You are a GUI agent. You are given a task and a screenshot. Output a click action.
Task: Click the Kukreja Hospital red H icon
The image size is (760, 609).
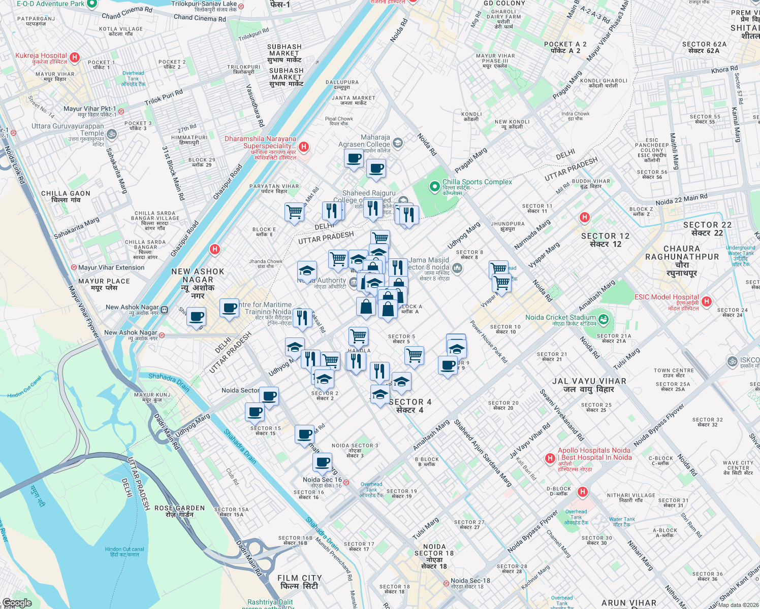coord(75,57)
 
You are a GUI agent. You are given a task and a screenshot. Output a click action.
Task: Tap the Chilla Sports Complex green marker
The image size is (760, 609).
coord(434,187)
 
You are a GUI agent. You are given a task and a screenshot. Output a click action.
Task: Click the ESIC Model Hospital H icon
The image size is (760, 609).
coord(706,301)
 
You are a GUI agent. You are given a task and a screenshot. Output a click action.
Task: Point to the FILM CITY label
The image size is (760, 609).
coord(299,582)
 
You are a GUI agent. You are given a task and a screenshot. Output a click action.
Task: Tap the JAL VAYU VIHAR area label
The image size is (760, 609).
coord(589,385)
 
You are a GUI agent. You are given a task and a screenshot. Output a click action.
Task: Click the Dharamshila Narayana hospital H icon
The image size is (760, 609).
coord(304,147)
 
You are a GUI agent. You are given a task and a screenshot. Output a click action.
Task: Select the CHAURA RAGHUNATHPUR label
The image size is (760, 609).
coord(682,261)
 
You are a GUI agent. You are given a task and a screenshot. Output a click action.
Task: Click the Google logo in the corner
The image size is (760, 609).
coord(17,602)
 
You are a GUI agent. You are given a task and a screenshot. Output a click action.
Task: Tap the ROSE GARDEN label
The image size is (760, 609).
coord(180,511)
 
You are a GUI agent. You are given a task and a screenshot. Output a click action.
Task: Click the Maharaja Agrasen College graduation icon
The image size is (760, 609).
coord(398,143)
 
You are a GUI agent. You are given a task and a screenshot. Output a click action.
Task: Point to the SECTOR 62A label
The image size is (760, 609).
coord(704,47)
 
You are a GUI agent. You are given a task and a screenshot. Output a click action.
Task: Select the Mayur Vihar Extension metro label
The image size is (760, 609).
coord(111,267)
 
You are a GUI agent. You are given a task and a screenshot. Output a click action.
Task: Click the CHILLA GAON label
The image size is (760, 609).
coord(66,196)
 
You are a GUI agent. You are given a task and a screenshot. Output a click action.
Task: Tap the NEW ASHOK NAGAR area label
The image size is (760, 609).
coord(198,283)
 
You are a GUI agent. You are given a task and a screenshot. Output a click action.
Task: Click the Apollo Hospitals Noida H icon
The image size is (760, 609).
coord(550,458)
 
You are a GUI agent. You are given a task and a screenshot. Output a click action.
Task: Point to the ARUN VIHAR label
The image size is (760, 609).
coord(628,603)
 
